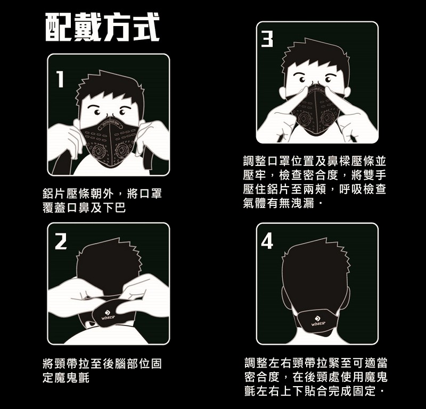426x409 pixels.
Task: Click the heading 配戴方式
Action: click(102, 28)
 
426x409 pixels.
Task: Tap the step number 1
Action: click(60, 79)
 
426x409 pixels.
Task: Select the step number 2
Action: click(61, 241)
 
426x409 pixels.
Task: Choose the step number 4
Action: click(267, 241)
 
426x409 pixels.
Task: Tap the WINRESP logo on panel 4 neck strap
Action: click(318, 321)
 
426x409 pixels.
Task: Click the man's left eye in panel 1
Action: click(96, 112)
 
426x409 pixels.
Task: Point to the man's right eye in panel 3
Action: click(329, 80)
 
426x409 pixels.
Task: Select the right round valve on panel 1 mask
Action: click(122, 150)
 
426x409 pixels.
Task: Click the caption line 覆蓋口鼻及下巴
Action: click(84, 208)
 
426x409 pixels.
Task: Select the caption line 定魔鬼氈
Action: click(66, 378)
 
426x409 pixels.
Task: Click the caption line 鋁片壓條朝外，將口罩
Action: click(102, 194)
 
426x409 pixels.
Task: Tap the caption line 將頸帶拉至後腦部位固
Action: click(102, 363)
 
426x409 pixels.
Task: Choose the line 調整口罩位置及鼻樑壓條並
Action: click(315, 161)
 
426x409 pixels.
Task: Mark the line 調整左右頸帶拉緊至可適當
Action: click(316, 363)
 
